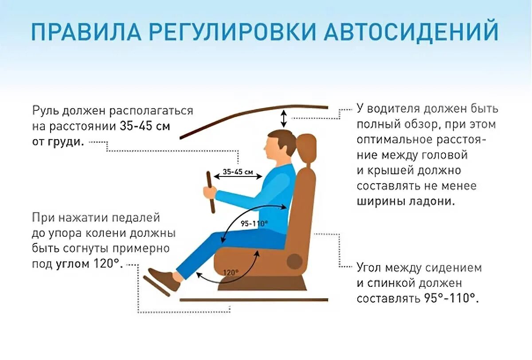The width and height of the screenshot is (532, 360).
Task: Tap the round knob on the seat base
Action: tap(294, 261)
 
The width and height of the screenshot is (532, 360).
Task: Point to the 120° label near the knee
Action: tap(231, 272)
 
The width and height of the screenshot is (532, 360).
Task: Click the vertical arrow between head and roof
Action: tap(284, 118)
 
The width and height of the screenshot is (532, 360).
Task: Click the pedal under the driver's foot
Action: tap(156, 286)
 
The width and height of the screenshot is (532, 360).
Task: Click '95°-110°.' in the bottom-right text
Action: tap(450, 297)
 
